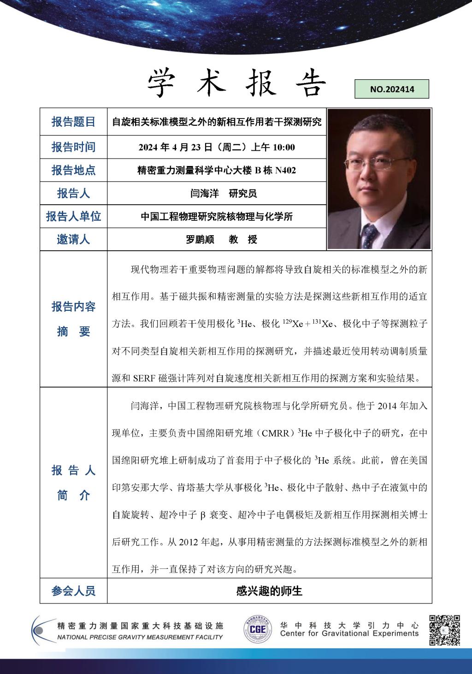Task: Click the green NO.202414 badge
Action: click(392, 89)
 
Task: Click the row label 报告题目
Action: click(73, 122)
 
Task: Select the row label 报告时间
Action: click(73, 147)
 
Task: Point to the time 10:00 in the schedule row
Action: click(284, 148)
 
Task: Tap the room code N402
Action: click(285, 171)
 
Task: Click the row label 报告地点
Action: click(73, 170)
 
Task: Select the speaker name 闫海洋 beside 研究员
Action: click(205, 194)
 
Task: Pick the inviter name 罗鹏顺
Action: click(200, 240)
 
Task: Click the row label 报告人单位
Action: click(73, 216)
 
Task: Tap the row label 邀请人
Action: click(73, 239)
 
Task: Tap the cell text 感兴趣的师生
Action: click(269, 591)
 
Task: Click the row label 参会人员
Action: click(73, 591)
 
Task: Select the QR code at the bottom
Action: click(444, 630)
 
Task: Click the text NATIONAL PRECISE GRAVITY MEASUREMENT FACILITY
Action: click(140, 637)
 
